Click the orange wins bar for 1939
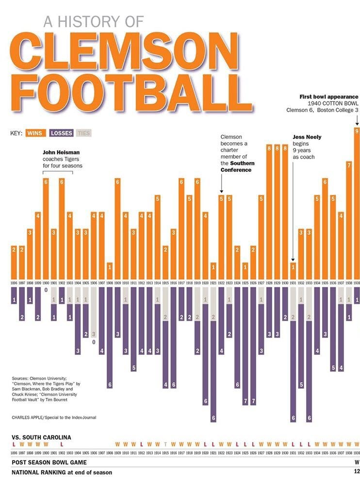point(357,204)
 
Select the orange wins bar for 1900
point(46,228)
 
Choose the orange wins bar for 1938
point(348,218)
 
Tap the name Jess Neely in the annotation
point(307,137)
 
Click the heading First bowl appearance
point(329,97)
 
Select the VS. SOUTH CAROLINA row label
point(41,437)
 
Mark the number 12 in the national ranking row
point(357,472)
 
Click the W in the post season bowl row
point(357,462)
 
